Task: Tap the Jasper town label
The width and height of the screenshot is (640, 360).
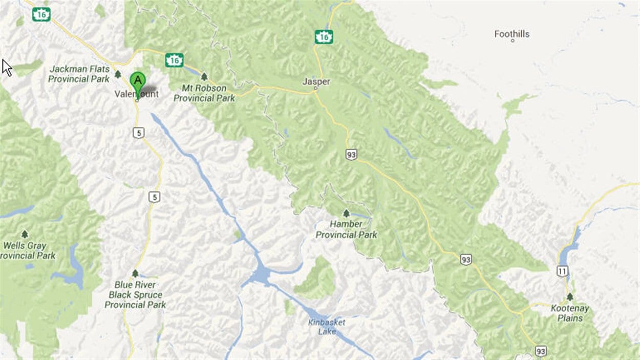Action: pyautogui.click(x=316, y=81)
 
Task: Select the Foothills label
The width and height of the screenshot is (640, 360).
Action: pyautogui.click(x=511, y=34)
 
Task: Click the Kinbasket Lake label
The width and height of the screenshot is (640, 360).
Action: pyautogui.click(x=327, y=327)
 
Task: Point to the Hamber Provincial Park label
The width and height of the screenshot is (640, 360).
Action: pyautogui.click(x=346, y=229)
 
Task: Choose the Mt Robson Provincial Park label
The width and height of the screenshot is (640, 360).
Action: pyautogui.click(x=204, y=93)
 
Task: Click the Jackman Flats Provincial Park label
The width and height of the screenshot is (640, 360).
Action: pyautogui.click(x=79, y=74)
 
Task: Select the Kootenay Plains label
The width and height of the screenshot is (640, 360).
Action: pyautogui.click(x=570, y=313)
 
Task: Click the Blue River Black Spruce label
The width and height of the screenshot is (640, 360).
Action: pyautogui.click(x=135, y=295)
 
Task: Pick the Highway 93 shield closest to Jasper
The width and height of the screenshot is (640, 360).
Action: pyautogui.click(x=351, y=154)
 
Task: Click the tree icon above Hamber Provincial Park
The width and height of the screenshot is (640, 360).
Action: pyautogui.click(x=346, y=213)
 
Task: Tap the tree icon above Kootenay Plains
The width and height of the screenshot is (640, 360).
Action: pyautogui.click(x=569, y=297)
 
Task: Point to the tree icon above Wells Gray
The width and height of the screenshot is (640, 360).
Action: pyautogui.click(x=25, y=234)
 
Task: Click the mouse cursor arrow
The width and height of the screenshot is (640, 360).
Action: pyautogui.click(x=7, y=68)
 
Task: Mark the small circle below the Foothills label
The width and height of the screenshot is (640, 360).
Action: pyautogui.click(x=512, y=40)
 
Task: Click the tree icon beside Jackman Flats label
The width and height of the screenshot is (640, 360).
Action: pyautogui.click(x=118, y=74)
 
